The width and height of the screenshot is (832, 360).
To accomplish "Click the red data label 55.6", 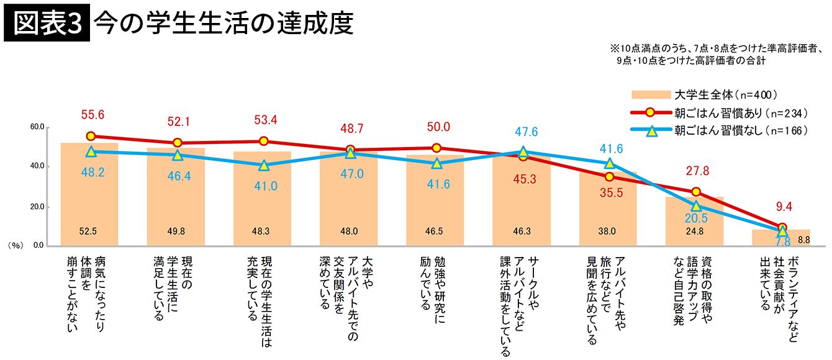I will click(91, 114).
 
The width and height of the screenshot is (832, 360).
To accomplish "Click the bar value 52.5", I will click(89, 232).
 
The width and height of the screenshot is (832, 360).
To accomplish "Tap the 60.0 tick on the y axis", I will click(37, 127).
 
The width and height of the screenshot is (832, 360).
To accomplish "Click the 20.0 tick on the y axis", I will click(37, 207).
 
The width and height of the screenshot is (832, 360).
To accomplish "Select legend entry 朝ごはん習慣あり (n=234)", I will click(739, 113).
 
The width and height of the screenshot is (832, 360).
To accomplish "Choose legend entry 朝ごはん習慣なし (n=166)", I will click(739, 130).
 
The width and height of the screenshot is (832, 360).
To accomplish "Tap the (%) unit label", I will click(15, 246).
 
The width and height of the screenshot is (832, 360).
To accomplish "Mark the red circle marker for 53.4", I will click(263, 141).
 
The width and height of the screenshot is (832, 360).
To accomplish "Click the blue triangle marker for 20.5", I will click(696, 206).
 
